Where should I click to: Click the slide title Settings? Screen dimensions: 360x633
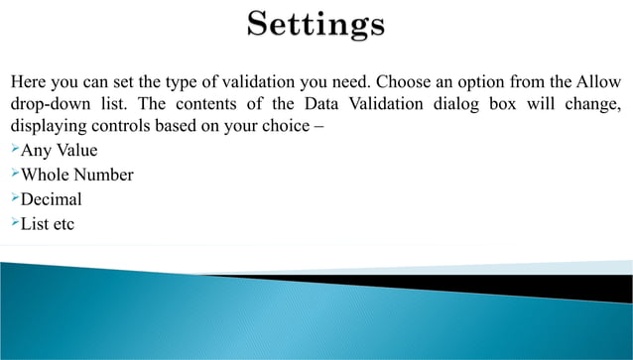[316, 24]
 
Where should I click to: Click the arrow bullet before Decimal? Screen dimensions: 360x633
[15, 199]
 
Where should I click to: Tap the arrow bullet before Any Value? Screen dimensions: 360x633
[15, 151]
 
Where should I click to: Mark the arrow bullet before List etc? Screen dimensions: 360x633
[15, 223]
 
